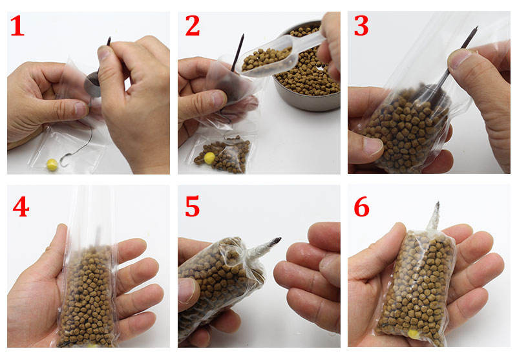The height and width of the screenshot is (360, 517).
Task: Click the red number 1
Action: (17, 26)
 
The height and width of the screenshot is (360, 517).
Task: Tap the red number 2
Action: (193, 26)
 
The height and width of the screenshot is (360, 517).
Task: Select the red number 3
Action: (361, 26)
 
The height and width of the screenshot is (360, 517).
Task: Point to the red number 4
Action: (21, 207)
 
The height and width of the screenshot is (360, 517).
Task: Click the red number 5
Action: (192, 206)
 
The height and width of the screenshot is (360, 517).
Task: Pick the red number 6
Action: (361, 207)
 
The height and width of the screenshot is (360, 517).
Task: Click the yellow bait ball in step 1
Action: (52, 164)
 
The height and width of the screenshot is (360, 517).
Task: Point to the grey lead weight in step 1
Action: (92, 84)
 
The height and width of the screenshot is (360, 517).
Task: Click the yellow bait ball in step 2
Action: (209, 158)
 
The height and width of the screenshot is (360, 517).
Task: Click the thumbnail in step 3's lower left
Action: (373, 145)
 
